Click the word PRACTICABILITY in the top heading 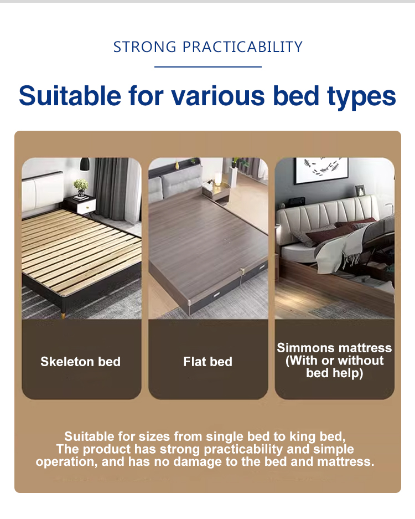(242, 47)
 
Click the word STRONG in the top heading (145, 47)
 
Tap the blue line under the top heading (207, 66)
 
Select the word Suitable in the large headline (70, 96)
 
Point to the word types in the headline (361, 97)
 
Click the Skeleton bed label (80, 362)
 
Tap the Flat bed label (207, 362)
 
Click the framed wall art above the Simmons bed (321, 170)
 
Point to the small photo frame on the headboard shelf (360, 191)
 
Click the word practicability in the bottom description (243, 449)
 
